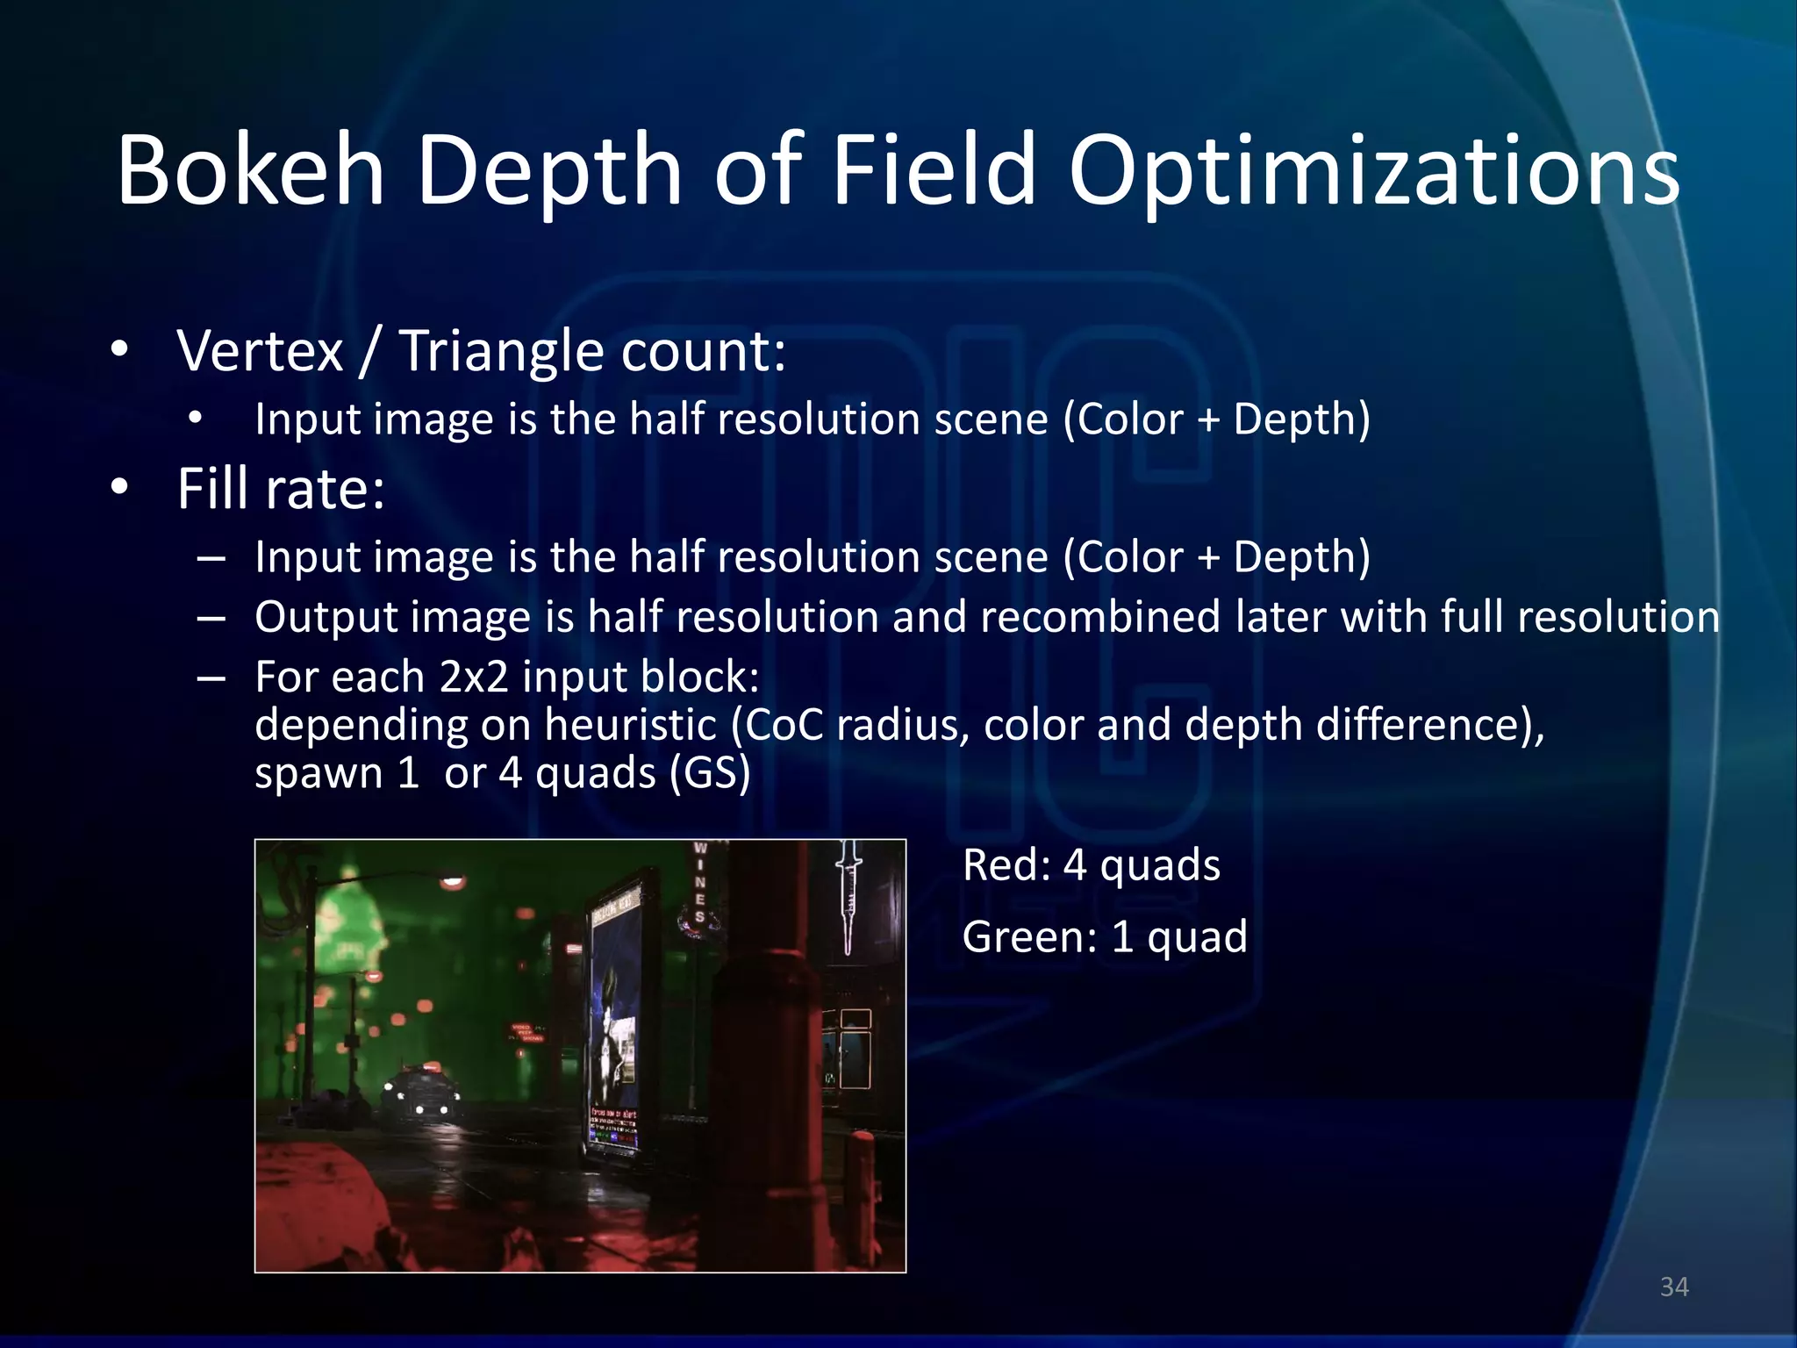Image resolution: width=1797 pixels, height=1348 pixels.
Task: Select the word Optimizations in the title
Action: coord(1373,171)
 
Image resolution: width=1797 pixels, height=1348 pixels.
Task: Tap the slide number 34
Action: coord(1674,1287)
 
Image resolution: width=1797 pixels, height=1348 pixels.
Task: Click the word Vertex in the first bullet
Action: coord(261,351)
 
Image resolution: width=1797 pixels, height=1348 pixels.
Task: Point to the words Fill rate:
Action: coord(281,489)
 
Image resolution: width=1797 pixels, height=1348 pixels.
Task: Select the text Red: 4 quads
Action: coord(1091,865)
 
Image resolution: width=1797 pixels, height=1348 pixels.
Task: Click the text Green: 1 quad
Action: coord(1104,936)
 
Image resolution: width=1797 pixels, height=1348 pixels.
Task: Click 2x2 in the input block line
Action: coord(473,677)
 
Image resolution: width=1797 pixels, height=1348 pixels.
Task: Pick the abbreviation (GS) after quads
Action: coord(709,773)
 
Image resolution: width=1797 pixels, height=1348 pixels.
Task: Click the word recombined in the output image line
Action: coord(1099,617)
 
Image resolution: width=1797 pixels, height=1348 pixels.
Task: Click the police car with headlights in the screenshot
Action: coord(421,1093)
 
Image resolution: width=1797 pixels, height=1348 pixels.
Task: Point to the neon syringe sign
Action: coord(848,895)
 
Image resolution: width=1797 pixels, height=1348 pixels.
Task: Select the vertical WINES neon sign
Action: coord(699,883)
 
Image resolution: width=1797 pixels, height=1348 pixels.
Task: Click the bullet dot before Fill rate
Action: coord(120,488)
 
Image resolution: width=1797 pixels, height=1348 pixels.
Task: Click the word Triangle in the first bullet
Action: coord(503,351)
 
